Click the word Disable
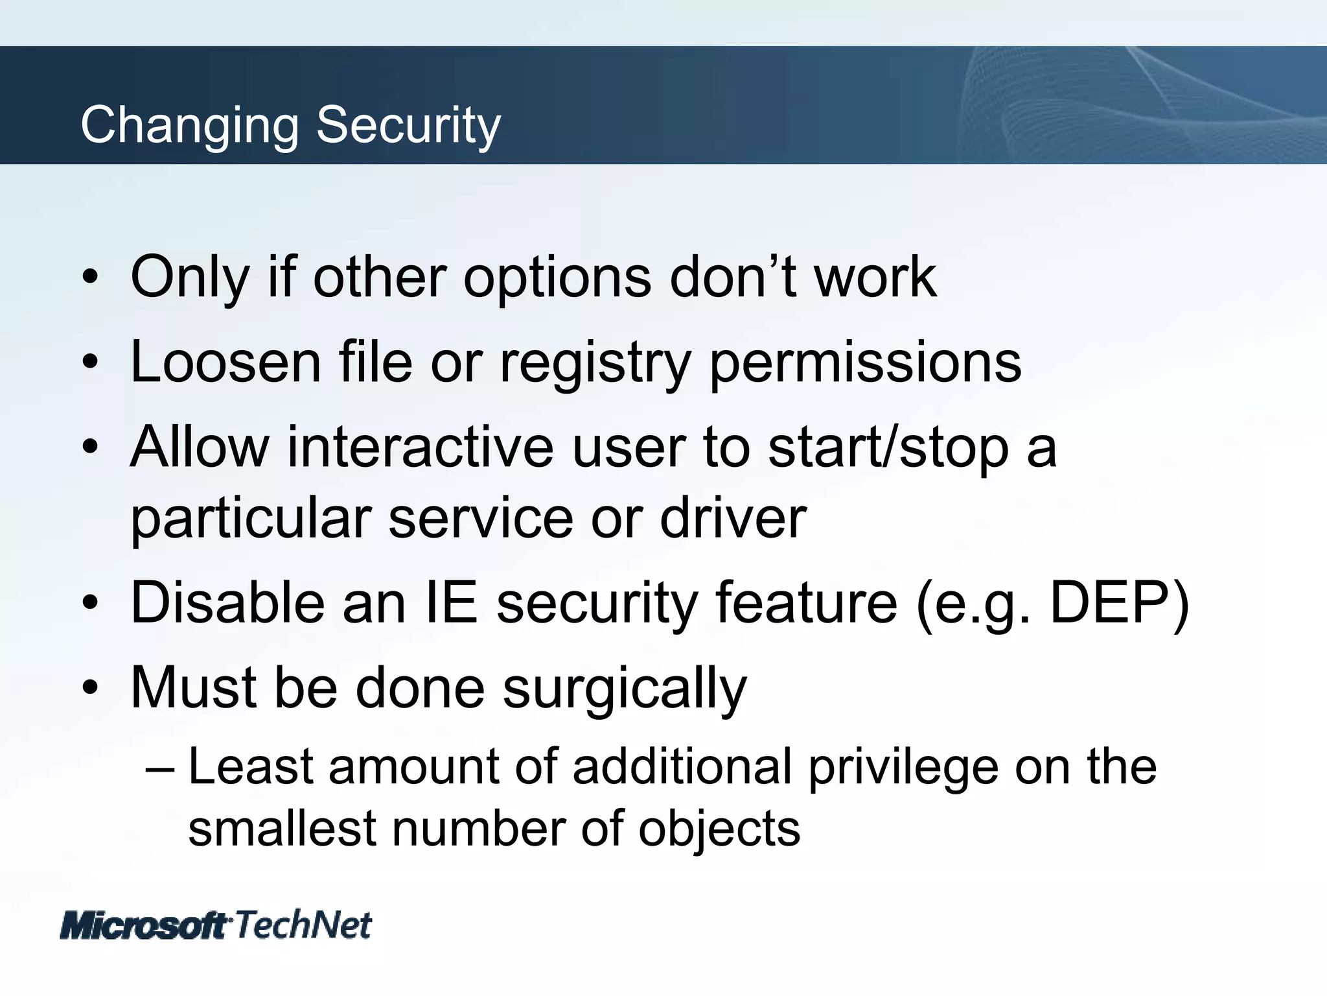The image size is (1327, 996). click(227, 602)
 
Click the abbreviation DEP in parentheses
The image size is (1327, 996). click(1112, 602)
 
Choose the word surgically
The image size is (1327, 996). click(625, 689)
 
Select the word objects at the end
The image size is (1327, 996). click(719, 830)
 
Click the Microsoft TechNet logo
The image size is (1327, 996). click(216, 925)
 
